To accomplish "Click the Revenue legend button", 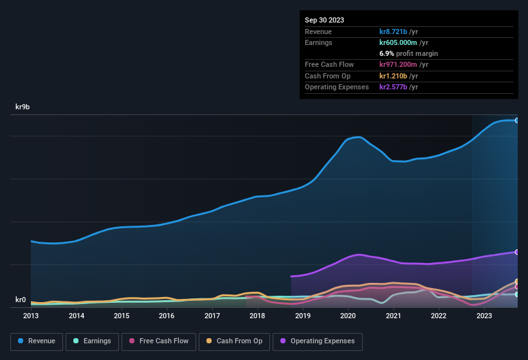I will pos(37,341).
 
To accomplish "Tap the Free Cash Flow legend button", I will pos(159,341).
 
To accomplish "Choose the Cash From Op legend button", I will pos(234,341).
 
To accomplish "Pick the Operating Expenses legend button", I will pos(318,341).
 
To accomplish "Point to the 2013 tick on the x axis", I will pos(31,316).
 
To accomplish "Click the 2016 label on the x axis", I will pos(167,316).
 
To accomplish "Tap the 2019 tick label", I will pos(302,316).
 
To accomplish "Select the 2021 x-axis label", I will pos(393,316).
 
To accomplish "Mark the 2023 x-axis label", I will pos(484,316).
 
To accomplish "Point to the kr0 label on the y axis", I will pos(21,300).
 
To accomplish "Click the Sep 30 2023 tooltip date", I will pos(324,20).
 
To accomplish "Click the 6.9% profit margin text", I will pos(408,53).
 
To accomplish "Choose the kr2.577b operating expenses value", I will pos(399,87).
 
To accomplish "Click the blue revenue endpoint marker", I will pos(516,120).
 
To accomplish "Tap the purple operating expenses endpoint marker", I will pos(516,252).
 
